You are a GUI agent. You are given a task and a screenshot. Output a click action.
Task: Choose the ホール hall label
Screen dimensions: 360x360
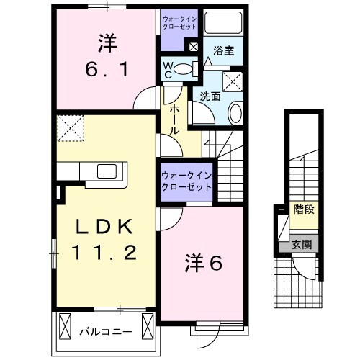click(174, 119)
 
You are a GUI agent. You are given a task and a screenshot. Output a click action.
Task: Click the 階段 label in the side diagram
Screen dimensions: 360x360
click(303, 210)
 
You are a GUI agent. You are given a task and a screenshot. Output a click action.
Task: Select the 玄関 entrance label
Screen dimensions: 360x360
click(302, 244)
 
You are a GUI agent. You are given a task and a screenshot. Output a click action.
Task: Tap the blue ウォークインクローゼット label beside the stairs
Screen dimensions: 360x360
click(186, 180)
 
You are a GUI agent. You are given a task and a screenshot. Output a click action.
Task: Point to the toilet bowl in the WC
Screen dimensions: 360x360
click(185, 69)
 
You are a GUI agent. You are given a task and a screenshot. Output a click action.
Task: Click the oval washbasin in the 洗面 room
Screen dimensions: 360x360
click(236, 113)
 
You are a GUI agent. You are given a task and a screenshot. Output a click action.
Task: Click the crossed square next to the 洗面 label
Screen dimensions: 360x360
click(233, 81)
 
